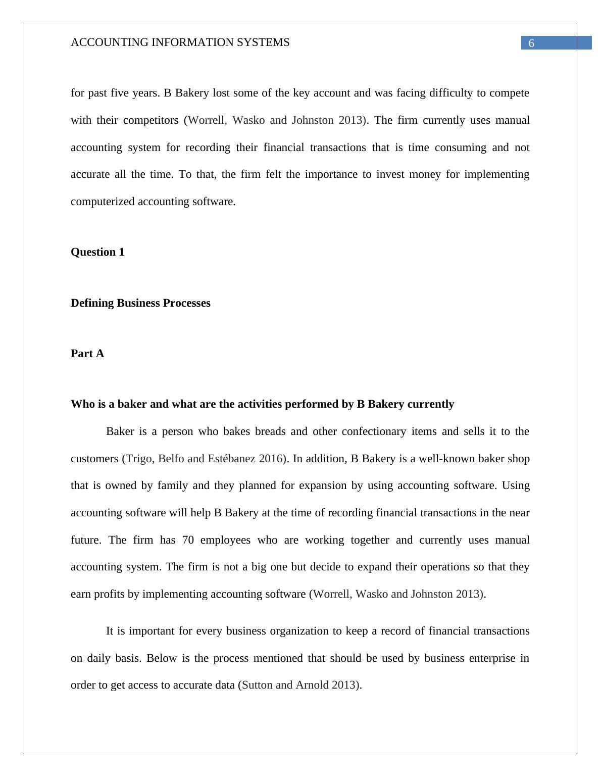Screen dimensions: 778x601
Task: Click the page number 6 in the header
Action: click(531, 43)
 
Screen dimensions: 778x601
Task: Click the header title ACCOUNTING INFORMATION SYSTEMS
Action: click(180, 42)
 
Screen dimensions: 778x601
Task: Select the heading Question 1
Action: click(97, 252)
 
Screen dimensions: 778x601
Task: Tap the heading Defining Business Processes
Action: click(140, 303)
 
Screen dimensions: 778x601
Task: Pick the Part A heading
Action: click(87, 354)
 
